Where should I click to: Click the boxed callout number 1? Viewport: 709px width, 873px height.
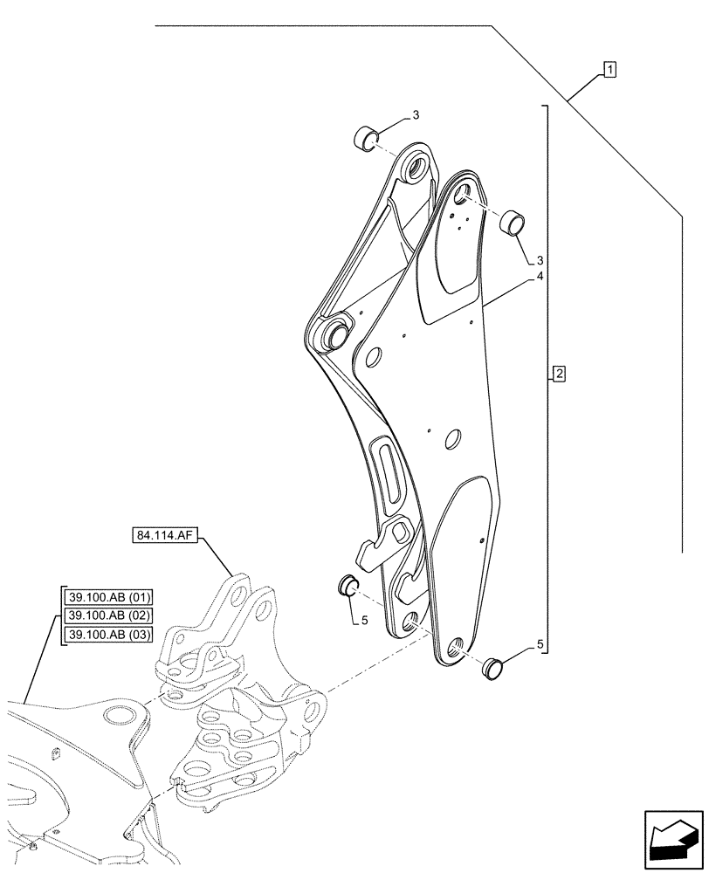click(x=609, y=69)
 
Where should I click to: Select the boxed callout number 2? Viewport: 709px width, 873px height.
click(x=559, y=375)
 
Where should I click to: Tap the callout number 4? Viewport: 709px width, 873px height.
click(x=540, y=276)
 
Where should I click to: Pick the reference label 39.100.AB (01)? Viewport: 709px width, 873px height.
click(x=108, y=598)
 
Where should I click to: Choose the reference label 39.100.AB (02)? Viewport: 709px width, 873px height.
click(x=108, y=616)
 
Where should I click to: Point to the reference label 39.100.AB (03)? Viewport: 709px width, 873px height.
click(x=108, y=635)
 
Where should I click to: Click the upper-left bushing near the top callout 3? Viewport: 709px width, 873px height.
click(x=365, y=137)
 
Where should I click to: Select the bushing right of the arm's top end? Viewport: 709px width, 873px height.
click(x=511, y=223)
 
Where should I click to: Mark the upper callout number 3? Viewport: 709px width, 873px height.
click(x=416, y=114)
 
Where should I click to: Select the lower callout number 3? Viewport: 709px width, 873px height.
click(x=540, y=260)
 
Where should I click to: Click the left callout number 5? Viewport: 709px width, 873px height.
click(x=365, y=621)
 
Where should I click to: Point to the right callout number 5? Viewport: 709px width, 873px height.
click(x=540, y=644)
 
